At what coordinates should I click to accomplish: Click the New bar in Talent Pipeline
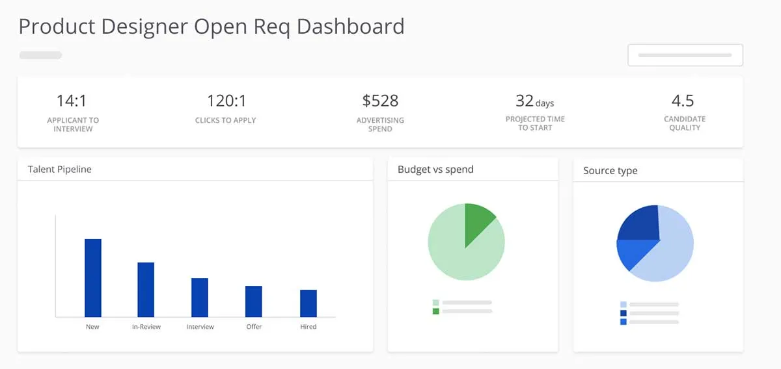(93, 278)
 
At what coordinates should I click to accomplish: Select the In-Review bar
(146, 290)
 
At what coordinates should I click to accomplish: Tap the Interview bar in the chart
(200, 298)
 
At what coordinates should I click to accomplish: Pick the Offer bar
(254, 301)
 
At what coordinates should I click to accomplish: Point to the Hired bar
(308, 303)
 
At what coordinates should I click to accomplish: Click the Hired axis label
(308, 327)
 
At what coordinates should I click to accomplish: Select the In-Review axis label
(146, 327)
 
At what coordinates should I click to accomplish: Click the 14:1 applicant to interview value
(72, 101)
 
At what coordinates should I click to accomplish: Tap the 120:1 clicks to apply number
(226, 101)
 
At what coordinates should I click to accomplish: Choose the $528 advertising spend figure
(380, 101)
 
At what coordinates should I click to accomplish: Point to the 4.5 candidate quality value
(683, 101)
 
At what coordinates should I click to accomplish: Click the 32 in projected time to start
(525, 101)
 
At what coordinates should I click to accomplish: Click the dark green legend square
(436, 311)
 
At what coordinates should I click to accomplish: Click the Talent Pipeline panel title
(60, 170)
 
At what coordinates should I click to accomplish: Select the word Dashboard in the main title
(351, 27)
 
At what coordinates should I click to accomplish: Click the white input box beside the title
(685, 55)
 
